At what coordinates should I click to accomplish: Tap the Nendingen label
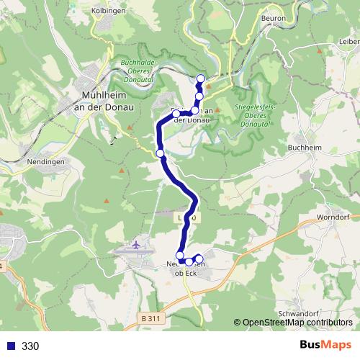point(24,162)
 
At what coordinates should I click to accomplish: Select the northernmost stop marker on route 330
point(201,78)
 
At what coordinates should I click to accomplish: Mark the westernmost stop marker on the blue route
point(161,153)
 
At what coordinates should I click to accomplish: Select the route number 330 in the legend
point(30,346)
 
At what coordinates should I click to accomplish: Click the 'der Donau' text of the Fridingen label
point(192,120)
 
